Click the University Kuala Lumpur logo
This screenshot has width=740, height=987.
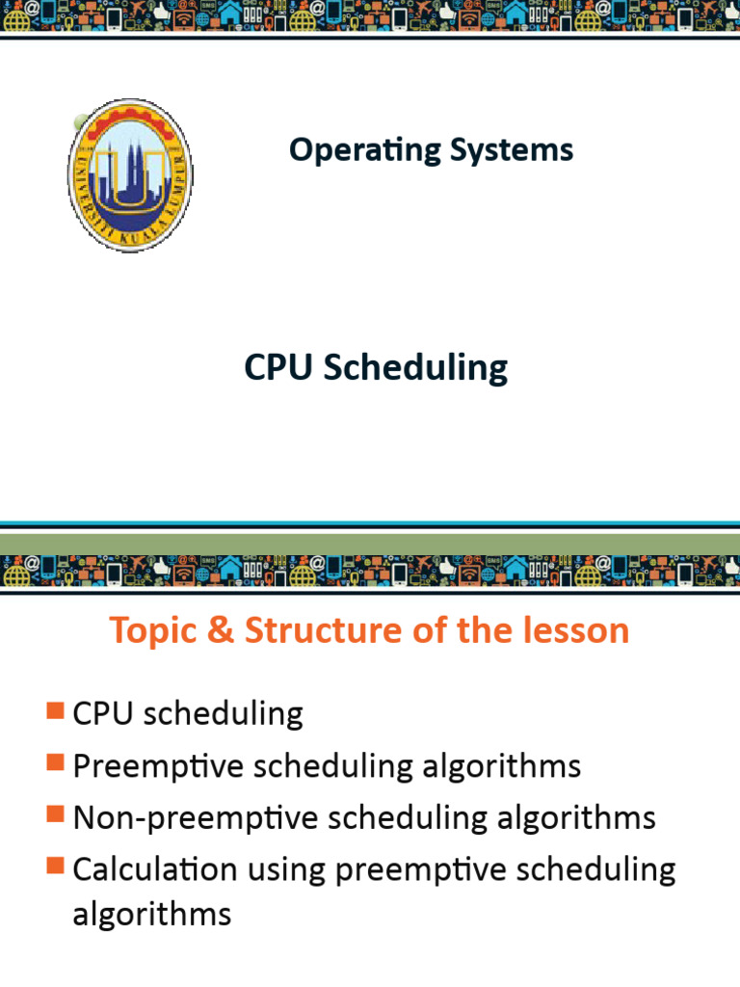tap(130, 175)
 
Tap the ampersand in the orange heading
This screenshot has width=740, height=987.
tap(222, 631)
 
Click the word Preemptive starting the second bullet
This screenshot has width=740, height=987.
tap(155, 767)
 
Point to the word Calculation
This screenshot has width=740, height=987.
tap(154, 869)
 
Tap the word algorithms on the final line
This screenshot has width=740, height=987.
tap(152, 914)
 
